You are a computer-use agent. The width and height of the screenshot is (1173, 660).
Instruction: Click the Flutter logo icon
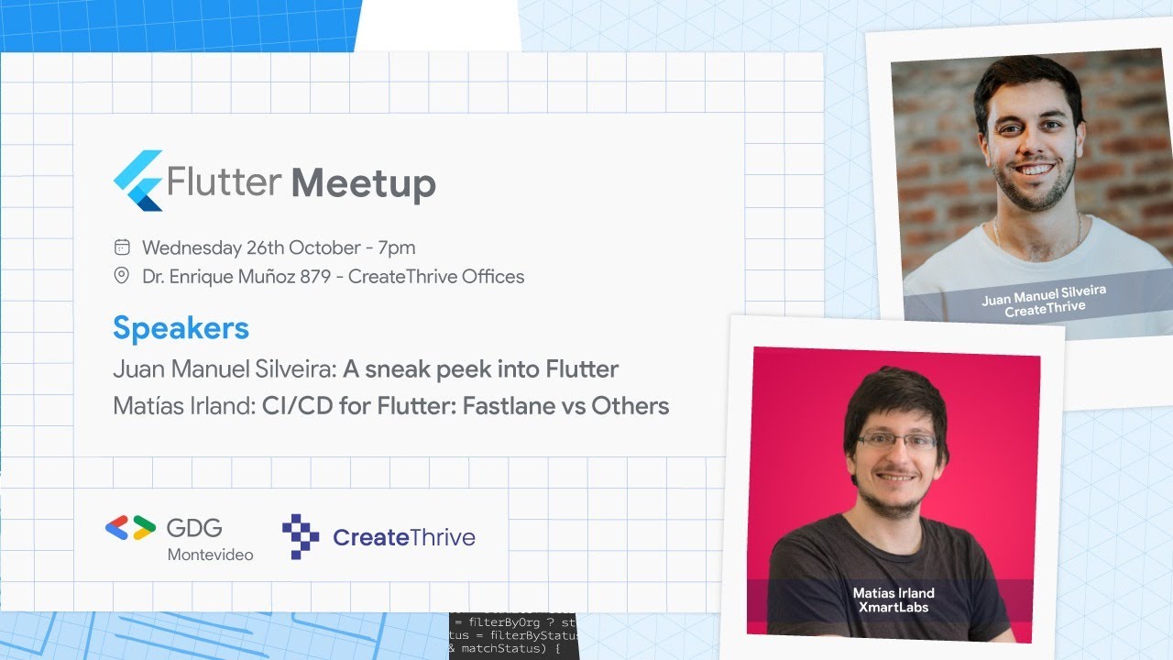pyautogui.click(x=137, y=181)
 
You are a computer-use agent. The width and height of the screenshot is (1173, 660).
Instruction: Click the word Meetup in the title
pyautogui.click(x=364, y=183)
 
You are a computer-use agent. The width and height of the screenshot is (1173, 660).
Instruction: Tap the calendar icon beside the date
pyautogui.click(x=122, y=247)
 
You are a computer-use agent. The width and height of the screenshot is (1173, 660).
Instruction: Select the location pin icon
pyautogui.click(x=121, y=276)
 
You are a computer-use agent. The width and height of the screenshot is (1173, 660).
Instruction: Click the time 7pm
pyautogui.click(x=396, y=247)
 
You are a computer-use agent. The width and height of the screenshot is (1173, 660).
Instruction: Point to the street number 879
pyautogui.click(x=315, y=276)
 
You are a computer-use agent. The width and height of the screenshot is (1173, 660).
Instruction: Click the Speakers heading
pyautogui.click(x=181, y=328)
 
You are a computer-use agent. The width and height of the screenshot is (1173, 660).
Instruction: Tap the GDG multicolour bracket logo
pyautogui.click(x=130, y=528)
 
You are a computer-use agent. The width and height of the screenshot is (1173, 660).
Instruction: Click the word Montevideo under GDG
pyautogui.click(x=210, y=555)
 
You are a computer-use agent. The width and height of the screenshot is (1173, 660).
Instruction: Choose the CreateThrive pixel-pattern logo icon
pyautogui.click(x=301, y=536)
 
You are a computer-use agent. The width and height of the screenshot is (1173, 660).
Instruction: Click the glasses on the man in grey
pyautogui.click(x=897, y=441)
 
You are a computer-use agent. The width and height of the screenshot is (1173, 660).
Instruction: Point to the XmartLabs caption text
pyautogui.click(x=893, y=607)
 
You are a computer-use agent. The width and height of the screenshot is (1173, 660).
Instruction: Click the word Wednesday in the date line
pyautogui.click(x=192, y=247)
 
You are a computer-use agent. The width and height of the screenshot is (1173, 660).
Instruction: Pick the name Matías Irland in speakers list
pyautogui.click(x=182, y=405)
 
